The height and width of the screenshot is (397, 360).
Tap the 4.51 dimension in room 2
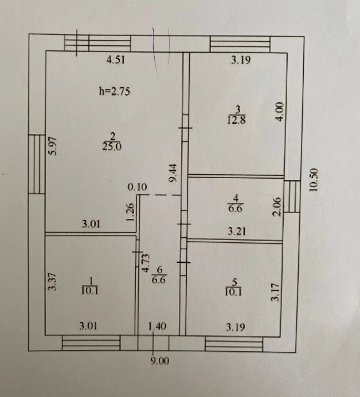pyautogui.click(x=115, y=59)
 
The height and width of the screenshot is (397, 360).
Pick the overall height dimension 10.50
pyautogui.click(x=313, y=182)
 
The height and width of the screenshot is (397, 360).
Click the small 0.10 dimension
pyautogui.click(x=137, y=186)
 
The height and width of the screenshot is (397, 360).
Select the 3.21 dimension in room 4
pyautogui.click(x=237, y=231)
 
